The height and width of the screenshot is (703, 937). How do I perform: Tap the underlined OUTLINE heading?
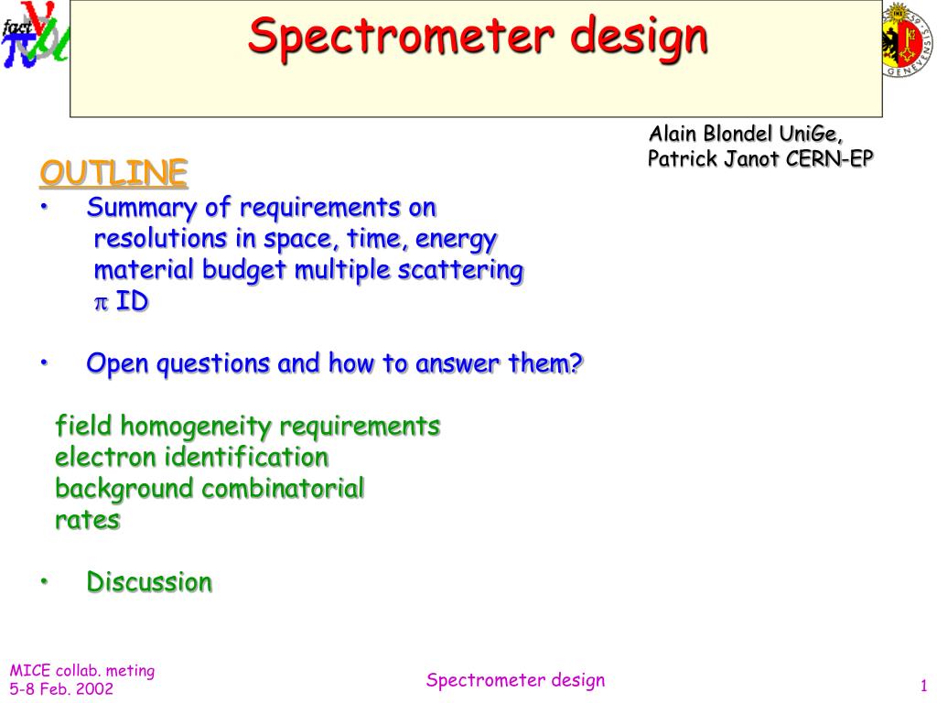pyautogui.click(x=113, y=171)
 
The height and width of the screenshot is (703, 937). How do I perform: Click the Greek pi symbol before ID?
pyautogui.click(x=102, y=302)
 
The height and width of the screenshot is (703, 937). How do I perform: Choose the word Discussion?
pyautogui.click(x=149, y=581)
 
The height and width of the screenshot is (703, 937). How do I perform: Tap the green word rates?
pyautogui.click(x=87, y=520)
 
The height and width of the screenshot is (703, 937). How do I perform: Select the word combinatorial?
pyautogui.click(x=283, y=488)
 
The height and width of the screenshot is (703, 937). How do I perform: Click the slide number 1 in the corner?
pyautogui.click(x=924, y=687)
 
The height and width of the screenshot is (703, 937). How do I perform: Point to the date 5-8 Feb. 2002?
pyautogui.click(x=61, y=689)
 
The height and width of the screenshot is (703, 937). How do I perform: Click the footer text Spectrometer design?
pyautogui.click(x=515, y=680)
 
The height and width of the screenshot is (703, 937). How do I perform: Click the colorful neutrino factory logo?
pyautogui.click(x=35, y=41)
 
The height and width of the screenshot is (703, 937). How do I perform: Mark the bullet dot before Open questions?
pyautogui.click(x=43, y=364)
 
